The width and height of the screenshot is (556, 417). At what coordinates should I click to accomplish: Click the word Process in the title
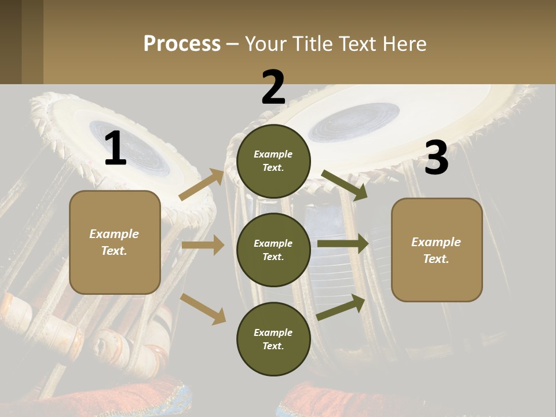pos(182,43)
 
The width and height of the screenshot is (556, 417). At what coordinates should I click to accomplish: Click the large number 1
pos(115,149)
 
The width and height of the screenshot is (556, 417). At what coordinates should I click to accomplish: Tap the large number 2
pos(273,87)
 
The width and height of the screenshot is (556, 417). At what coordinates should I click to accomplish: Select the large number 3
pos(436,158)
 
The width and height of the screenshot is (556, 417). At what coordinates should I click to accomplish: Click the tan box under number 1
pos(115,242)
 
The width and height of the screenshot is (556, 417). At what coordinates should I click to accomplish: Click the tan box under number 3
pos(437,250)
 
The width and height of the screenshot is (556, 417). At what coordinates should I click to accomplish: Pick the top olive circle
pos(273,161)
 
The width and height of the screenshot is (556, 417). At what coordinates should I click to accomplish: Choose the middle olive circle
pos(273,250)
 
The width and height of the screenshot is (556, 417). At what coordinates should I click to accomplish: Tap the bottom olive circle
pos(273,339)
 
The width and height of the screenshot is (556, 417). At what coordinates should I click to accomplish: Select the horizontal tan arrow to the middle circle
pos(203,246)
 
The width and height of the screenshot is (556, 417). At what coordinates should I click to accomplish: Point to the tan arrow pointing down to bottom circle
pos(203,308)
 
